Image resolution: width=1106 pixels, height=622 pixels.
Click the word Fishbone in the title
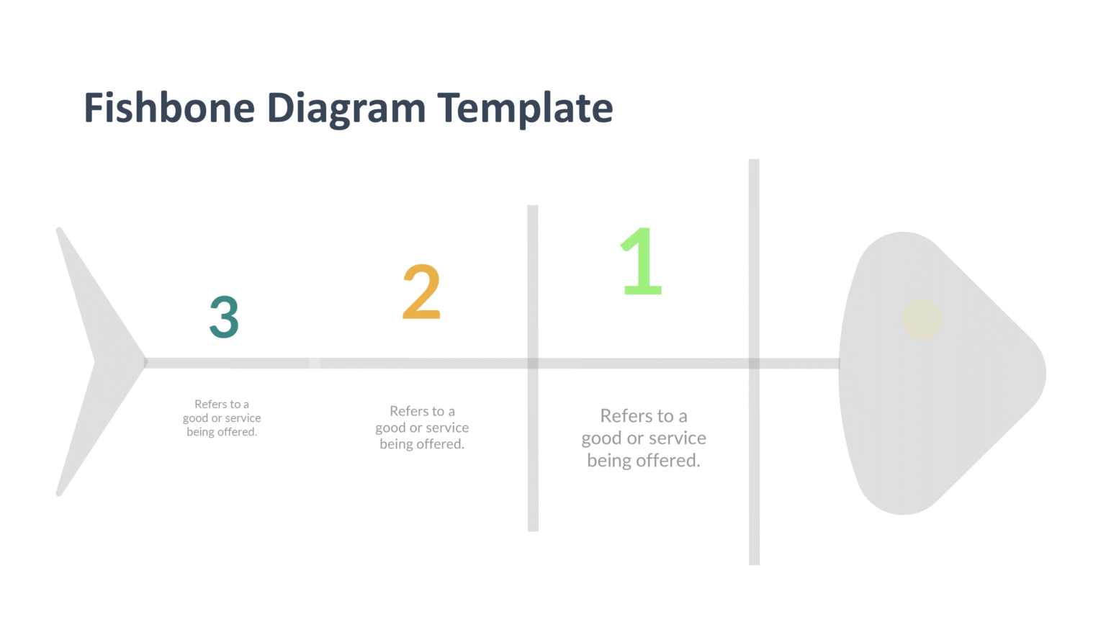[169, 108]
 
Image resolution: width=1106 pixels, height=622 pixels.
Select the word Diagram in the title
[346, 109]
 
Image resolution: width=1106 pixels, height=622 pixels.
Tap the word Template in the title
[525, 109]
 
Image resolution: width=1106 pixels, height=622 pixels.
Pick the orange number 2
[421, 292]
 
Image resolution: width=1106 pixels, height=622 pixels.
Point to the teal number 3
[224, 317]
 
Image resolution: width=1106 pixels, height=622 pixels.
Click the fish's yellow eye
[922, 320]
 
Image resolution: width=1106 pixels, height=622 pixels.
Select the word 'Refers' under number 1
[626, 416]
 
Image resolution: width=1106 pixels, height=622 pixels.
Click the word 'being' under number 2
[396, 444]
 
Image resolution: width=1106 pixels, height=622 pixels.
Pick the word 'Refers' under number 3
[210, 405]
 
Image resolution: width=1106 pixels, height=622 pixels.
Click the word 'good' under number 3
[195, 418]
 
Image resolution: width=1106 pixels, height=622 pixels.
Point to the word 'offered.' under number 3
[237, 432]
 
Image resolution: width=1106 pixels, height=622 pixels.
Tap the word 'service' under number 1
[677, 438]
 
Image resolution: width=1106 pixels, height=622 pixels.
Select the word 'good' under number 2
[390, 428]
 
